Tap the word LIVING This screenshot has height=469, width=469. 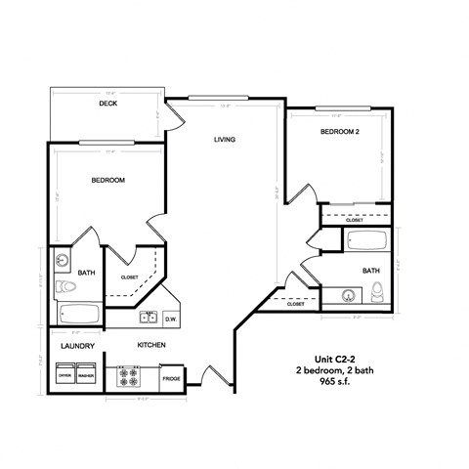pyautogui.click(x=227, y=140)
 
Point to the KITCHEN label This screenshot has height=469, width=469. pyautogui.click(x=150, y=345)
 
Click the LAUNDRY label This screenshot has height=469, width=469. pyautogui.click(x=76, y=345)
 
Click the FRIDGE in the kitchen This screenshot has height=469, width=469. pyautogui.click(x=171, y=377)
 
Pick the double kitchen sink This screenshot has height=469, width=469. pyautogui.click(x=149, y=317)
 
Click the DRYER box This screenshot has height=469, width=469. pyautogui.click(x=65, y=375)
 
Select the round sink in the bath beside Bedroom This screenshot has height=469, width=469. pyautogui.click(x=63, y=261)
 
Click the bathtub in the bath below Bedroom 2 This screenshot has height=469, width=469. pyautogui.click(x=366, y=239)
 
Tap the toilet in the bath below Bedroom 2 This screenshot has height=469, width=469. pyautogui.click(x=376, y=290)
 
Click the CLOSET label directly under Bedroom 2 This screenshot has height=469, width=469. pyautogui.click(x=355, y=221)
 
